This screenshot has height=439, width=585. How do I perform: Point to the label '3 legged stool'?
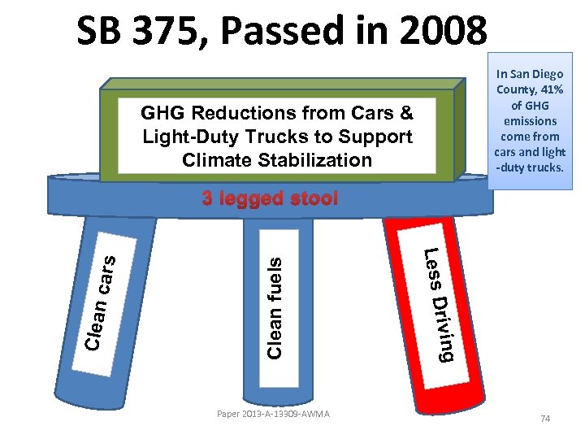click(269, 198)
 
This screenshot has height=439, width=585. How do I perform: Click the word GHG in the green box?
click(162, 112)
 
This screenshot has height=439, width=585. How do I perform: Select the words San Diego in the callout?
click(537, 74)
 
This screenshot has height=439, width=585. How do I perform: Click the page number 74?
click(545, 419)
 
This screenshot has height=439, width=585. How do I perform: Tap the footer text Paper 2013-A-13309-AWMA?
click(273, 415)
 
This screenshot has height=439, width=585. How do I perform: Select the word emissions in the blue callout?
click(531, 121)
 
